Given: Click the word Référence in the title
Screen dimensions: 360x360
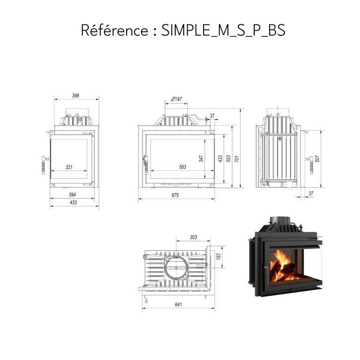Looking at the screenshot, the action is tap(115, 30).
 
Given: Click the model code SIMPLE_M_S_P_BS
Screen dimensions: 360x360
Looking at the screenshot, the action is tap(223, 30).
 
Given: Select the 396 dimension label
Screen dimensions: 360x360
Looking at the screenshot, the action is tap(75, 96).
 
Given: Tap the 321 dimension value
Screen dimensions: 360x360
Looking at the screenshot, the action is tap(69, 167).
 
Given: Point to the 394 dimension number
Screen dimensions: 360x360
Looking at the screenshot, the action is tap(72, 195).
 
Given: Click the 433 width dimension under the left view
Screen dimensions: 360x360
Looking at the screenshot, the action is tap(73, 203).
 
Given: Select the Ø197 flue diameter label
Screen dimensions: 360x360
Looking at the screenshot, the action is tap(177, 99).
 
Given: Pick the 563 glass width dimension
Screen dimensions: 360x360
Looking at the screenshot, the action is tap(183, 167).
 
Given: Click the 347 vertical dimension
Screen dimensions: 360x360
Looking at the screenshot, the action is tap(202, 158).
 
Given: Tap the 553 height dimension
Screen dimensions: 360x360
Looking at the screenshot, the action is tap(228, 158).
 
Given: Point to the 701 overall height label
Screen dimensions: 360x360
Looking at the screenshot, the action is tap(237, 158).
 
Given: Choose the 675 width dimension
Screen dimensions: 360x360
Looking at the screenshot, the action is tap(175, 195).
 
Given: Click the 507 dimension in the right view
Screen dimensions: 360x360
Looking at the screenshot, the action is tap(317, 158).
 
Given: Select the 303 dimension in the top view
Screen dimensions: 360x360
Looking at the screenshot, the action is tap(194, 237).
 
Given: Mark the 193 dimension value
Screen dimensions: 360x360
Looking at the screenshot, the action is tap(218, 257).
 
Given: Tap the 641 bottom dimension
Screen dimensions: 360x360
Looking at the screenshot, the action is tap(178, 304).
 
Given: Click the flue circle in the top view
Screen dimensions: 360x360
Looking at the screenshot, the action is tap(165, 268).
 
